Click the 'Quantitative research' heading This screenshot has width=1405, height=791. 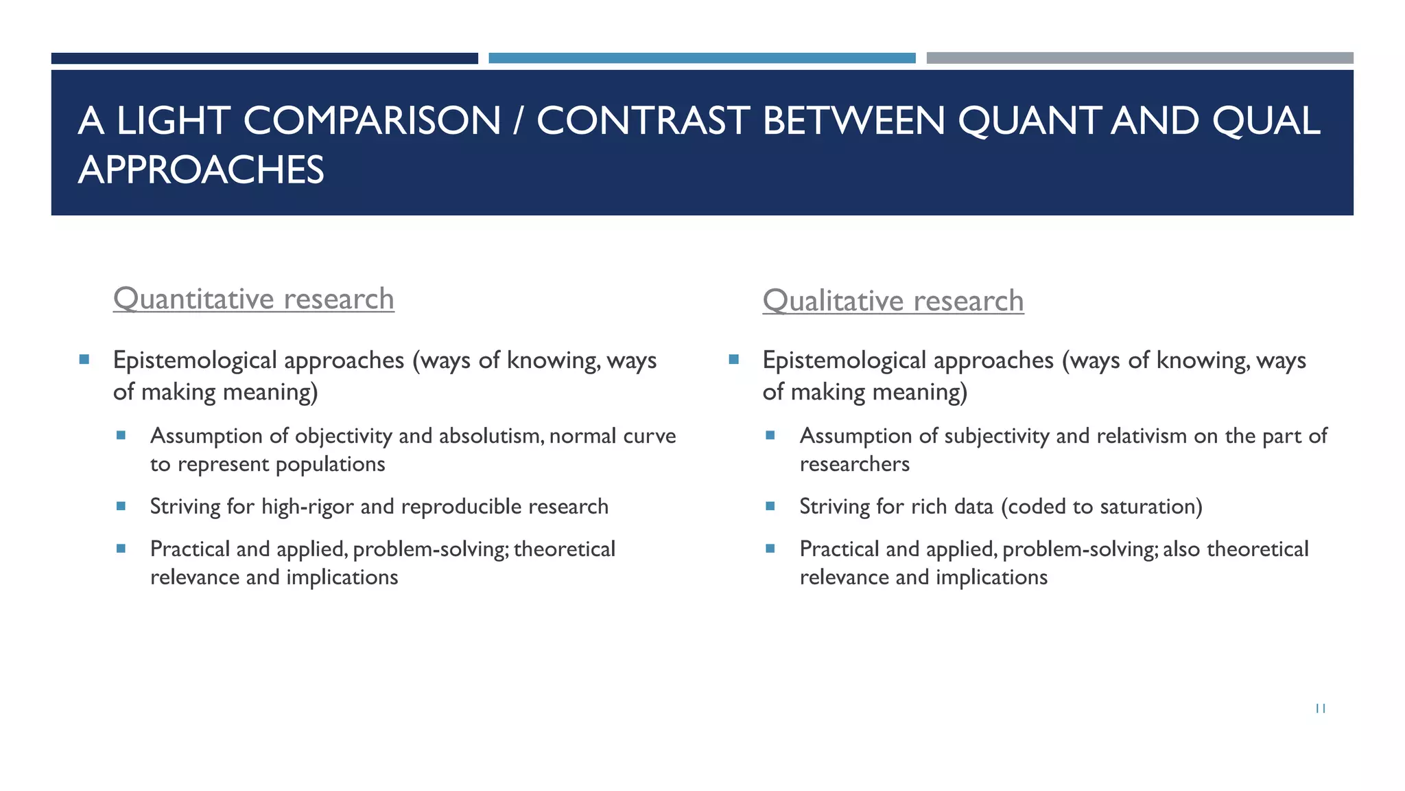pyautogui.click(x=253, y=299)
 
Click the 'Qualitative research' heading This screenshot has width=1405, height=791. pyautogui.click(x=893, y=301)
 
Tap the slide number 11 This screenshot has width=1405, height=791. pyautogui.click(x=1320, y=709)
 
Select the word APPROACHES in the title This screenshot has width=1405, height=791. pyautogui.click(x=201, y=170)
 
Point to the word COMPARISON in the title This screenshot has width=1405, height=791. pyautogui.click(x=372, y=121)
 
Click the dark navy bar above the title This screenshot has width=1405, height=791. pyautogui.click(x=264, y=58)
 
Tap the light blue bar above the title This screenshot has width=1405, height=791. pyautogui.click(x=702, y=58)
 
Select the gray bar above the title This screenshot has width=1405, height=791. pyautogui.click(x=1140, y=58)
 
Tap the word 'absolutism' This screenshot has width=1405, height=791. pyautogui.click(x=490, y=436)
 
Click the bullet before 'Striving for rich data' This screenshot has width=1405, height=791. pyautogui.click(x=770, y=506)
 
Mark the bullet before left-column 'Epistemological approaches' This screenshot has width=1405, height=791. pyautogui.click(x=84, y=359)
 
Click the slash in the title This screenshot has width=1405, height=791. pyautogui.click(x=518, y=121)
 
